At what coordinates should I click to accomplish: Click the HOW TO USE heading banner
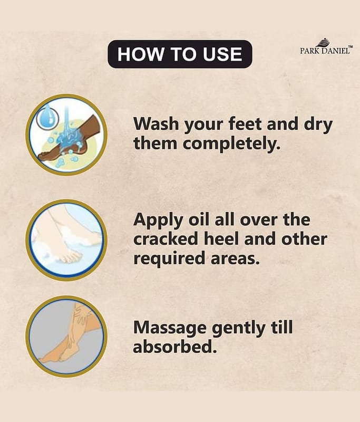[x=180, y=54]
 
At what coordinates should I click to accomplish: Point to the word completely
[x=231, y=143]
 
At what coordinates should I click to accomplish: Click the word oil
[x=199, y=219]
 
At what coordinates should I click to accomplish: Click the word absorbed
[x=175, y=347]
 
